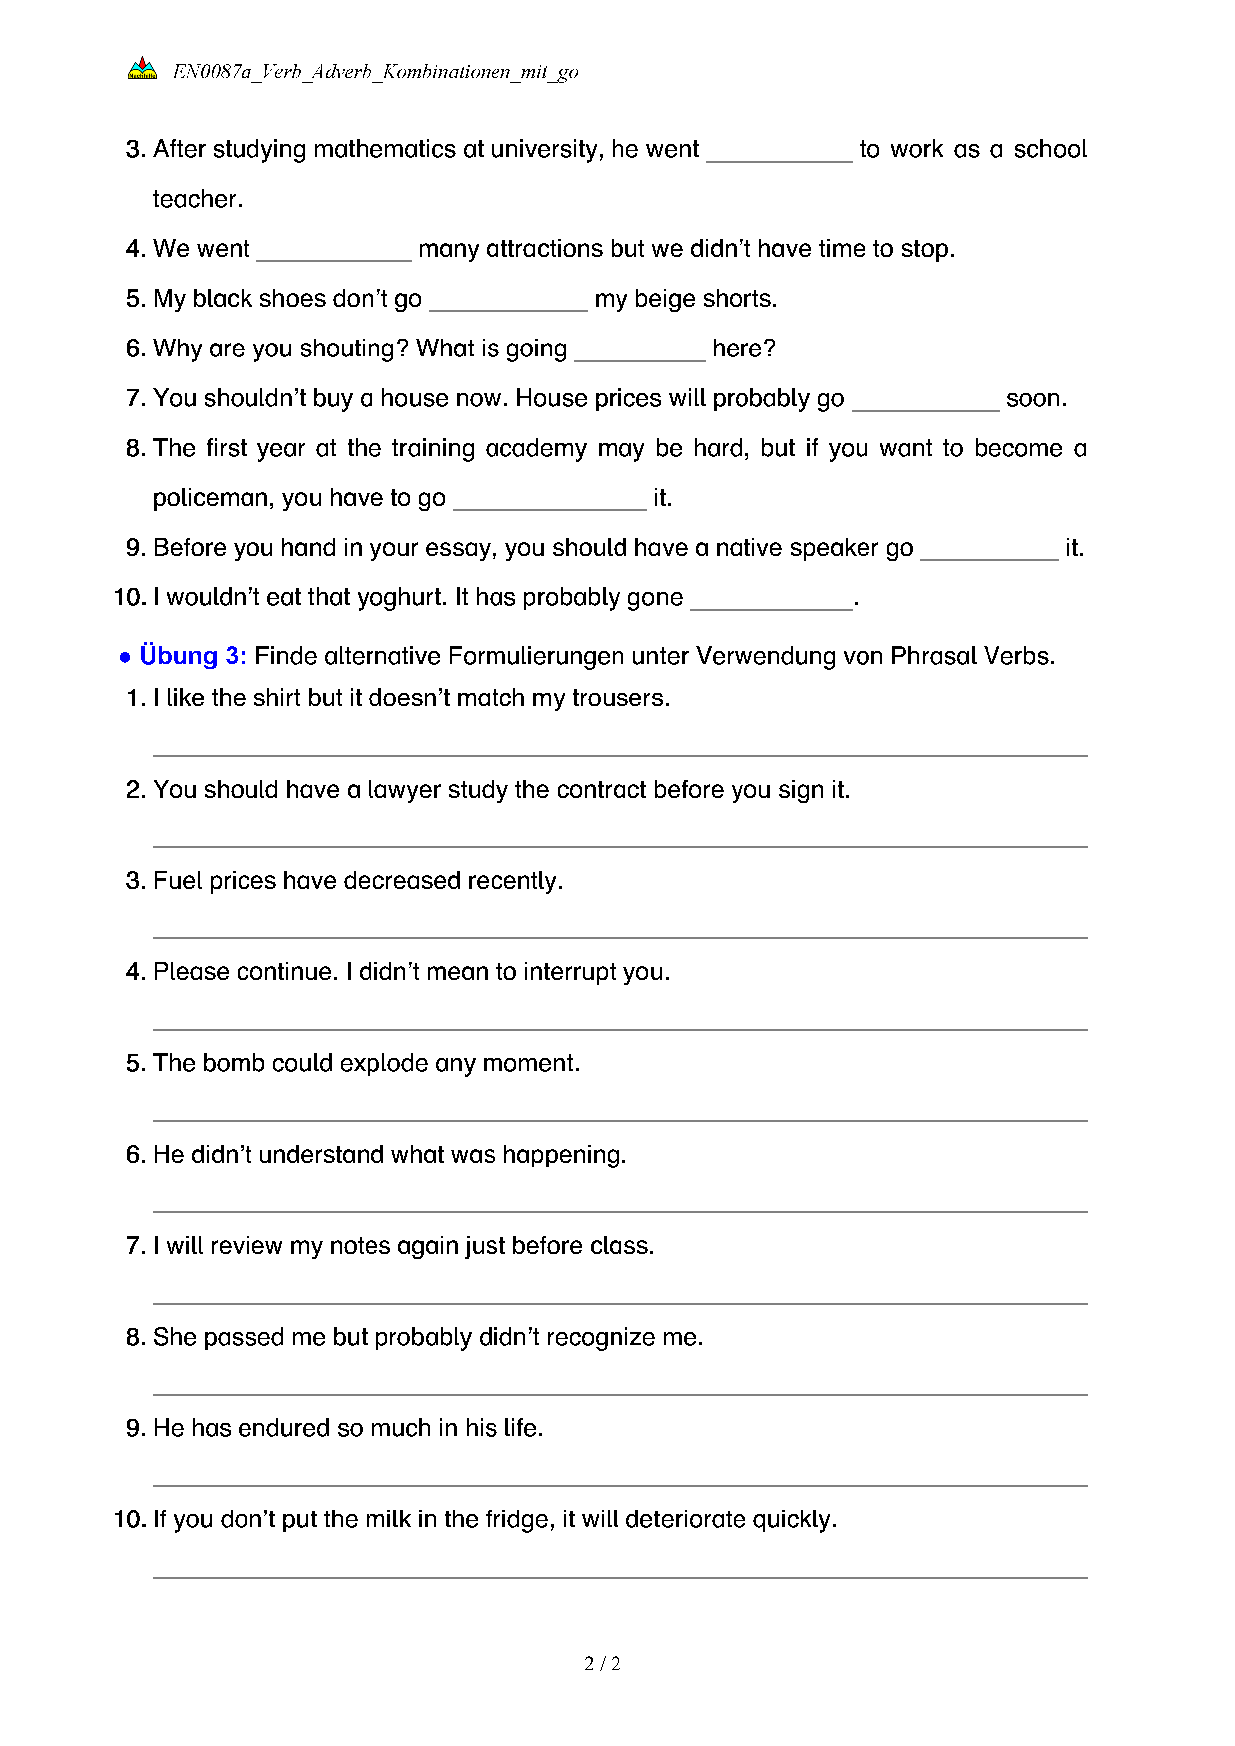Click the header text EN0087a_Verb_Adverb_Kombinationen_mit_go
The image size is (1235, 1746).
[375, 72]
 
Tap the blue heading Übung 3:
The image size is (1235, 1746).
[193, 656]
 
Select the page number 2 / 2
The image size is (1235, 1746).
[602, 1664]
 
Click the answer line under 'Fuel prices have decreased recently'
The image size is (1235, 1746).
[620, 937]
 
